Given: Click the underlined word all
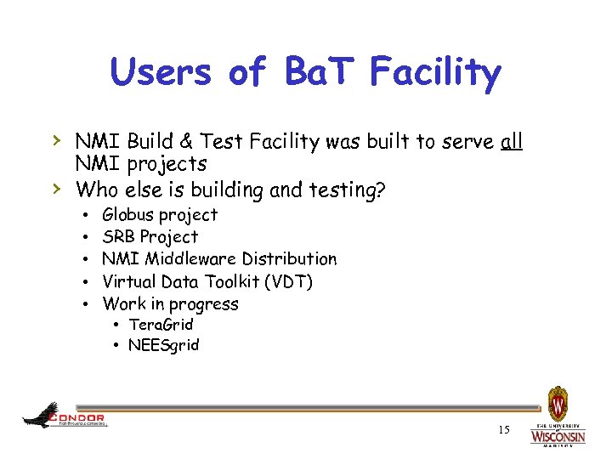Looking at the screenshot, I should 512,141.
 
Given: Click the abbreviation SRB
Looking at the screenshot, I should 118,237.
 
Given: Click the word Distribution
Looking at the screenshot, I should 290,259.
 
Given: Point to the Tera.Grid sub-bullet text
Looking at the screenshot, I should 161,325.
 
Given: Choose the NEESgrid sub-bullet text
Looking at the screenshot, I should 163,345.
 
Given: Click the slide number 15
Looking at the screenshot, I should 504,430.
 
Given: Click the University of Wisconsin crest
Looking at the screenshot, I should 558,403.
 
